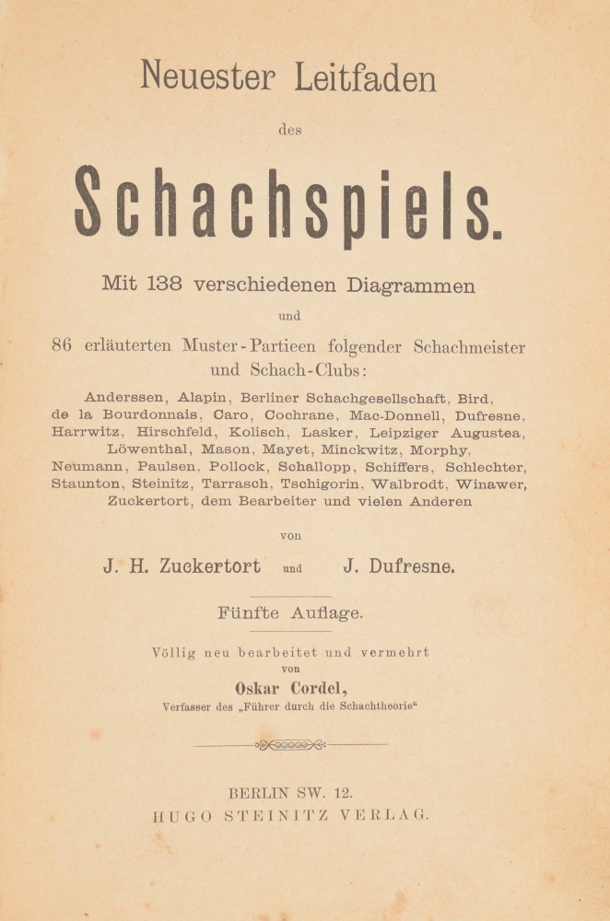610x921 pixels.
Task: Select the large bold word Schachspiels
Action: pyautogui.click(x=287, y=204)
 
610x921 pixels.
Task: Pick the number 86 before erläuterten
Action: pyautogui.click(x=61, y=346)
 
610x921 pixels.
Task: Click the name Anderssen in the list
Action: pyautogui.click(x=125, y=398)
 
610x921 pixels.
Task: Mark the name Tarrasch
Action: pyautogui.click(x=241, y=484)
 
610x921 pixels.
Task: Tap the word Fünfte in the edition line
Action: pyautogui.click(x=249, y=611)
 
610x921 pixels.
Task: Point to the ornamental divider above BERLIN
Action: pyautogui.click(x=290, y=744)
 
